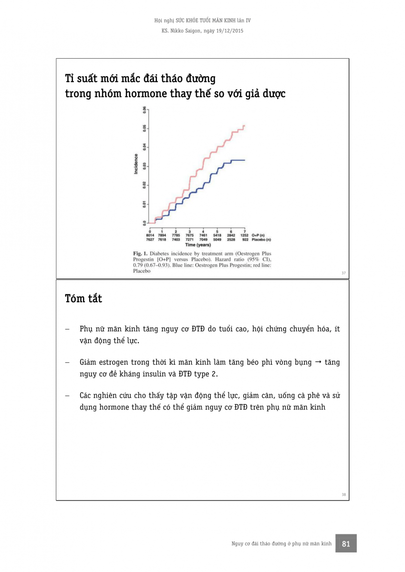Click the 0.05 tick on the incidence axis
(144, 129)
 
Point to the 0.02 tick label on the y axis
(144, 185)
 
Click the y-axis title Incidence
(136, 163)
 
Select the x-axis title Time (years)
(197, 245)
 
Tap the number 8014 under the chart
(150, 235)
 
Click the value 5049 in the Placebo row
(217, 239)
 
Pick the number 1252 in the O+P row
(244, 235)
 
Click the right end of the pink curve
(244, 125)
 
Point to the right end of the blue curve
(244, 160)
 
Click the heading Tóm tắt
(83, 299)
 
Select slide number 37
(343, 273)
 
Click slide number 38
(343, 494)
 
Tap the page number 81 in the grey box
(346, 543)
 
